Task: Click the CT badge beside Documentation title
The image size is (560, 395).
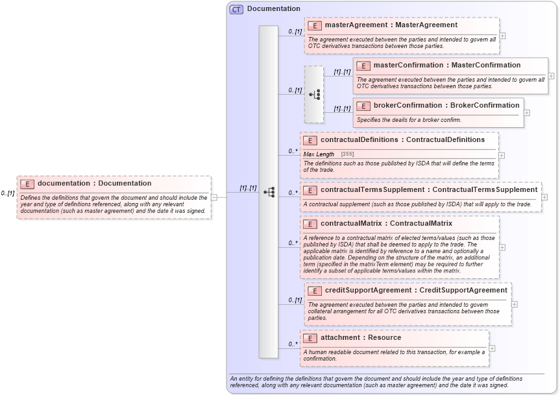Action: point(237,9)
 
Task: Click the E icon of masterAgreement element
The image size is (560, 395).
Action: point(315,26)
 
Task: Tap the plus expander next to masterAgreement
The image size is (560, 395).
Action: point(502,36)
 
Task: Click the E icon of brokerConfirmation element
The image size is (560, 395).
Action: point(363,106)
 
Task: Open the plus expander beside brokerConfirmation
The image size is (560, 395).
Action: point(527,112)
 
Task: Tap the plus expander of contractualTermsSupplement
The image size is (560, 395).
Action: point(544,197)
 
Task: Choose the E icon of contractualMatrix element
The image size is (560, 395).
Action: point(310,224)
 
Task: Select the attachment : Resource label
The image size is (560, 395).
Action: point(361,338)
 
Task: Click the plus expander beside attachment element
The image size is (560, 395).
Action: point(492,348)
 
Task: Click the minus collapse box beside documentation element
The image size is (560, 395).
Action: point(213,197)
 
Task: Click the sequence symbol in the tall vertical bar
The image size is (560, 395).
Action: point(269,192)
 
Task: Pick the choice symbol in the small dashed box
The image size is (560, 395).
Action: point(314,95)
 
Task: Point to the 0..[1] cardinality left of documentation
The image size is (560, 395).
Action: point(8,193)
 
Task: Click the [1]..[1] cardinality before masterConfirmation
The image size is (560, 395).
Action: point(342,72)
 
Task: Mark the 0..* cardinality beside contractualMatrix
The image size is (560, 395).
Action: point(293,243)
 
